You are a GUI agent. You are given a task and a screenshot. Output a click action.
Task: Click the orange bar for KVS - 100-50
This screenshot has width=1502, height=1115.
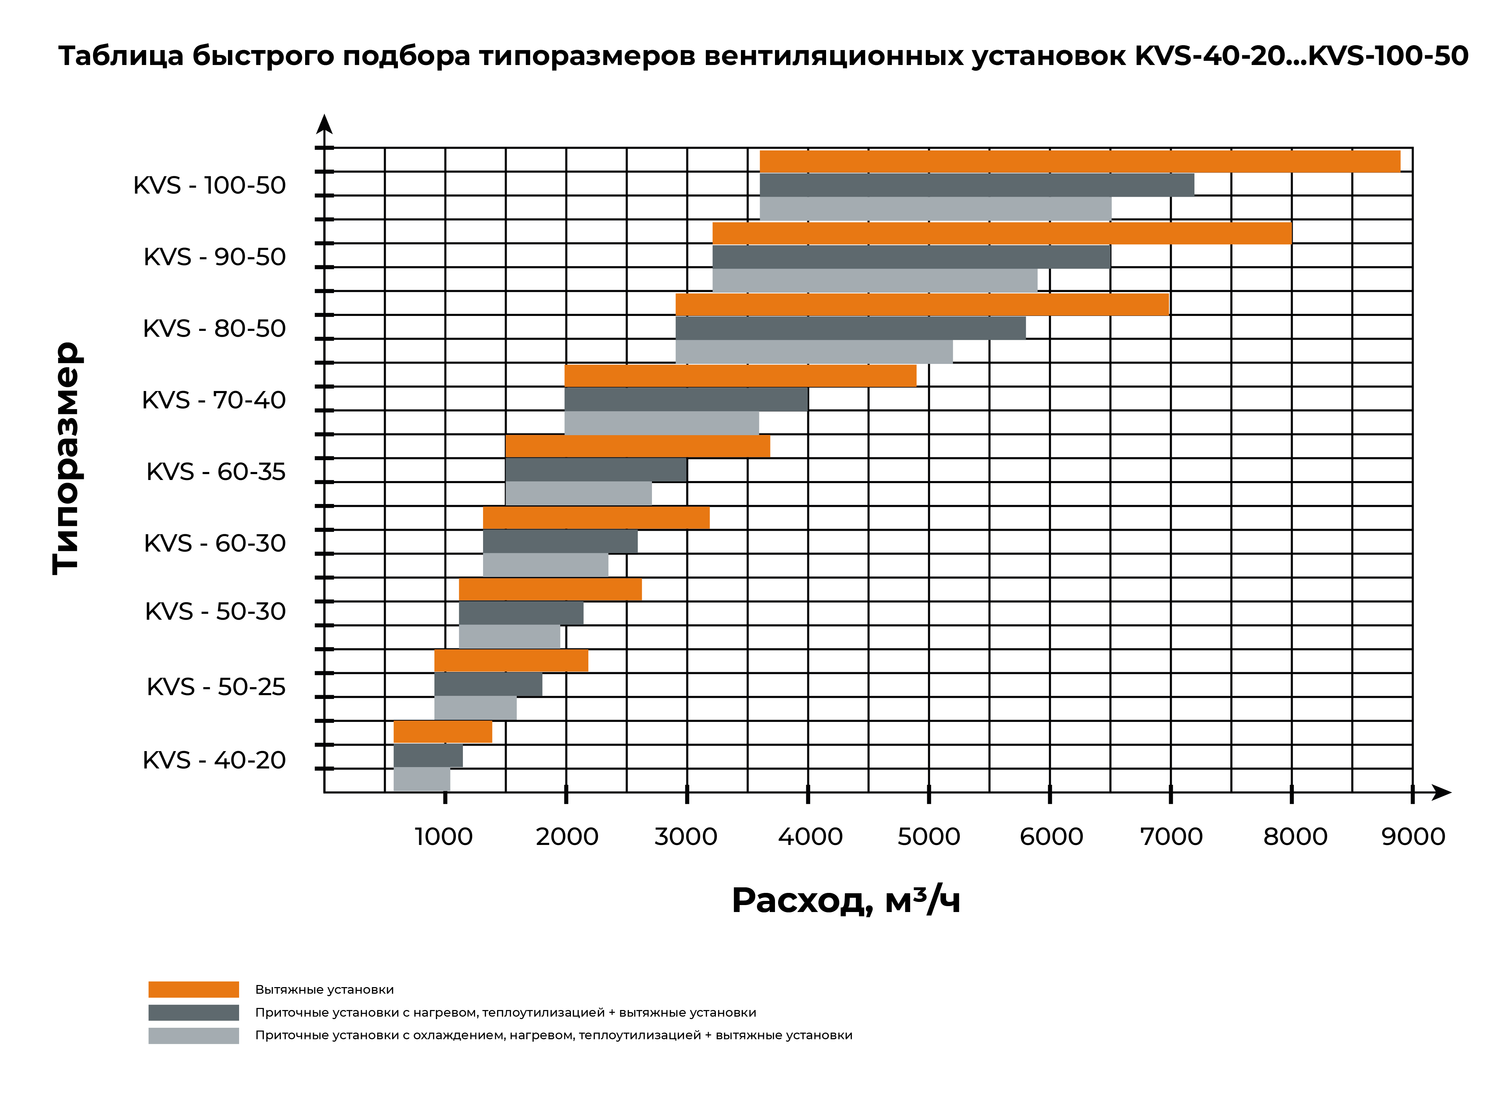tap(1080, 161)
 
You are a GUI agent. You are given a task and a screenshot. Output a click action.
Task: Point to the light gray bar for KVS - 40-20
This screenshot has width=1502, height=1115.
tap(422, 779)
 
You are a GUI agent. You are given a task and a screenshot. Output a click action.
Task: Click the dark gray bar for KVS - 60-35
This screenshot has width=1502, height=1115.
tap(596, 470)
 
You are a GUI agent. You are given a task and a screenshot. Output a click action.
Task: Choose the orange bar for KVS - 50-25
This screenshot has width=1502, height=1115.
tap(511, 661)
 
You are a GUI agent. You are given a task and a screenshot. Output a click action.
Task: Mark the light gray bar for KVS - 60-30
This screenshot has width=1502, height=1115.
tap(545, 565)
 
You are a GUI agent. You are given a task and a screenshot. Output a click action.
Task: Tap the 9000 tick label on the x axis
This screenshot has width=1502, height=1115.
tap(1413, 837)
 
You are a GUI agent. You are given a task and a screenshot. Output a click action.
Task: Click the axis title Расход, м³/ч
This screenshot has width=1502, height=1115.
tap(846, 900)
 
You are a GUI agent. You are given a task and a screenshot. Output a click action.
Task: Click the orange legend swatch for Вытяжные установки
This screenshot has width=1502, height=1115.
tap(194, 990)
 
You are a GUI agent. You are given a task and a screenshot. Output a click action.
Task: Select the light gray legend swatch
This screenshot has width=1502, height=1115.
tap(194, 1035)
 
